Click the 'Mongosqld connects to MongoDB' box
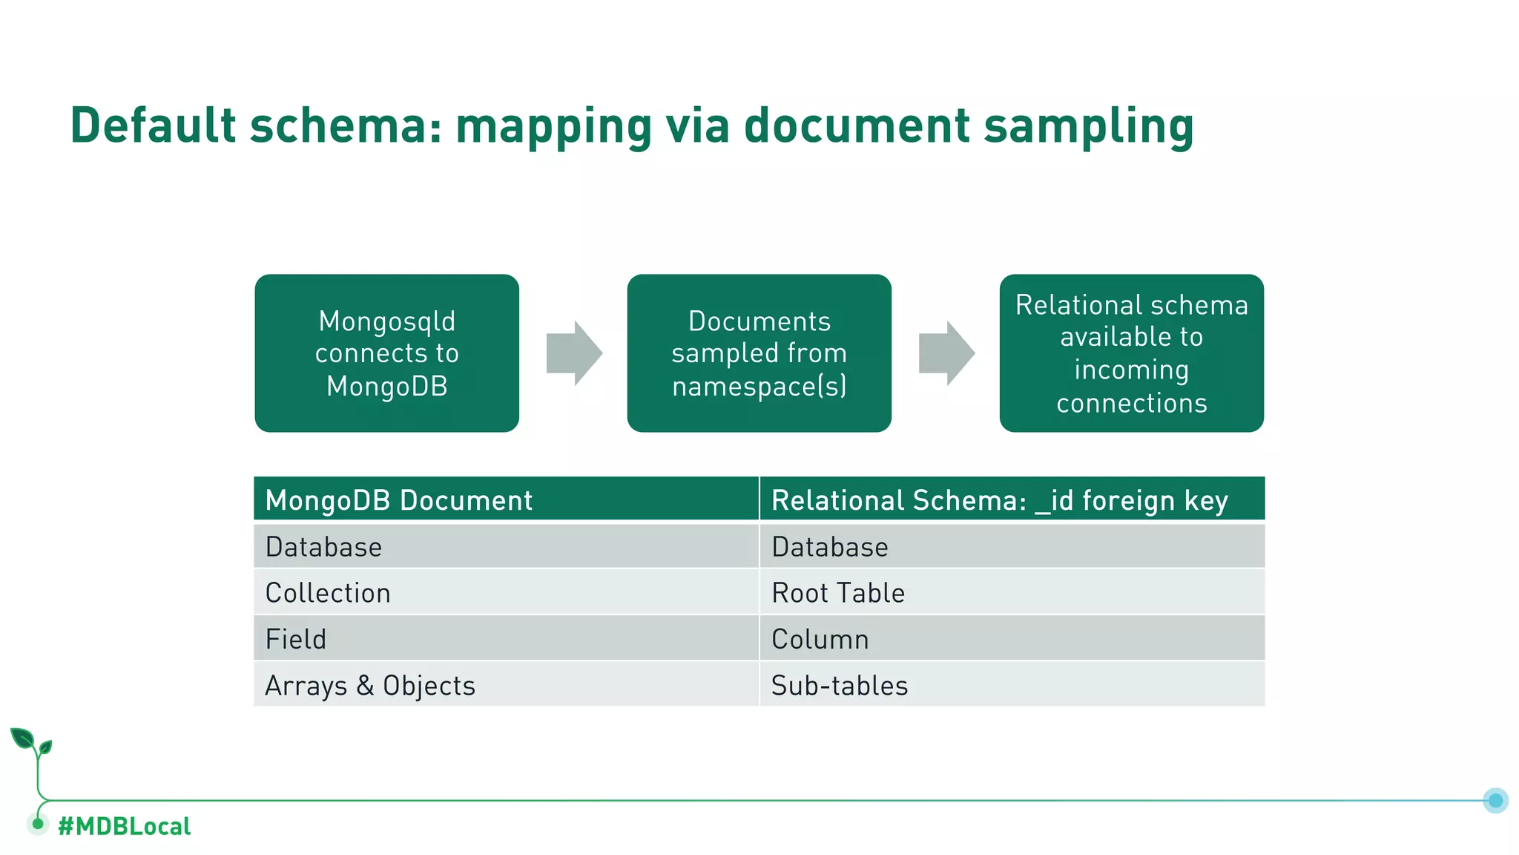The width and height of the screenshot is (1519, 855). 386,353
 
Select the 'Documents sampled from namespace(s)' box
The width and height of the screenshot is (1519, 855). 759,353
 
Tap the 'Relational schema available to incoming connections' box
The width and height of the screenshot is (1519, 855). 1131,353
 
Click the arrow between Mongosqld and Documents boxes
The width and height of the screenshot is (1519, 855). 573,353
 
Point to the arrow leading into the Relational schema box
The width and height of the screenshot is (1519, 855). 946,353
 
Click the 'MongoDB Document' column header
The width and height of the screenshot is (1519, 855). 399,500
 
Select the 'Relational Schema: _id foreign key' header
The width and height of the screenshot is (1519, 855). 999,500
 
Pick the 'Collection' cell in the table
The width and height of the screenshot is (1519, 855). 328,593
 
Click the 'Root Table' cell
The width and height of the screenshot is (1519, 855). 838,593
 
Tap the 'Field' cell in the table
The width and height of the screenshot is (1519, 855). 296,639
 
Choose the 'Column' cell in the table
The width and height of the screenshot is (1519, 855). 820,639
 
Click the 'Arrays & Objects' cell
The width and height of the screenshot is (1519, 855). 370,686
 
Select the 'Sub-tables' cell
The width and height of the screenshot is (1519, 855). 840,686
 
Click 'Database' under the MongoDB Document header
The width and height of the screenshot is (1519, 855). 323,547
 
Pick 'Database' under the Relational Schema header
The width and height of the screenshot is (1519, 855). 829,547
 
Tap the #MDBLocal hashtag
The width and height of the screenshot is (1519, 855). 124,826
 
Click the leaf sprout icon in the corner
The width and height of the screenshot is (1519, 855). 30,742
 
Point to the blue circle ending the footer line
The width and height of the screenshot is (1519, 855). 1495,800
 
